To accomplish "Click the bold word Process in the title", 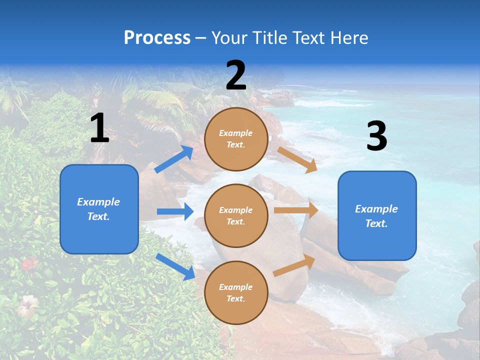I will click(x=157, y=37).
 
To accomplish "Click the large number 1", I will click(x=99, y=128).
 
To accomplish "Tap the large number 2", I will click(x=236, y=76).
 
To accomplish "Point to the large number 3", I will click(x=376, y=136).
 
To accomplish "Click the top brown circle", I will click(x=236, y=139).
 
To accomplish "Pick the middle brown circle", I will click(x=236, y=215).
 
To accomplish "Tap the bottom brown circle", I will click(x=236, y=292).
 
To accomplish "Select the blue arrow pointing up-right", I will click(x=173, y=159).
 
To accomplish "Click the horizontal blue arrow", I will click(x=175, y=211).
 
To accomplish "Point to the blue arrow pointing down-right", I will click(x=175, y=266).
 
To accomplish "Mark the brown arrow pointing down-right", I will click(x=297, y=159).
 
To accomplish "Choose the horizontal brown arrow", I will click(x=296, y=210).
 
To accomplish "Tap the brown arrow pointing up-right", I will click(x=294, y=265).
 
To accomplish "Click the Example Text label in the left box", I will click(x=98, y=209).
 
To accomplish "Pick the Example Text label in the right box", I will click(x=376, y=216).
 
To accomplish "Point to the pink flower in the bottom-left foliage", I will click(x=28, y=263).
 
